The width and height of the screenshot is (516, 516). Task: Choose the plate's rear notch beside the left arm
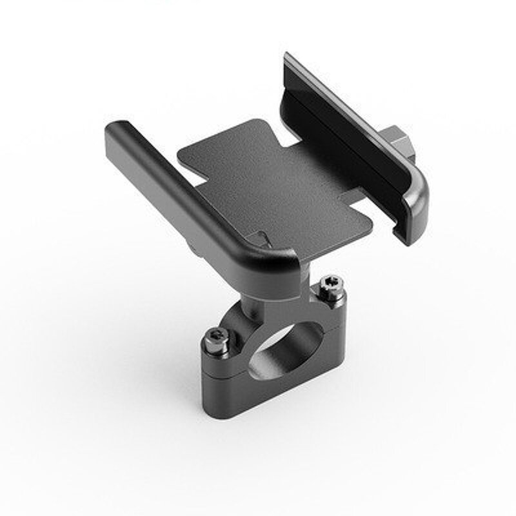click(x=190, y=161)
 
